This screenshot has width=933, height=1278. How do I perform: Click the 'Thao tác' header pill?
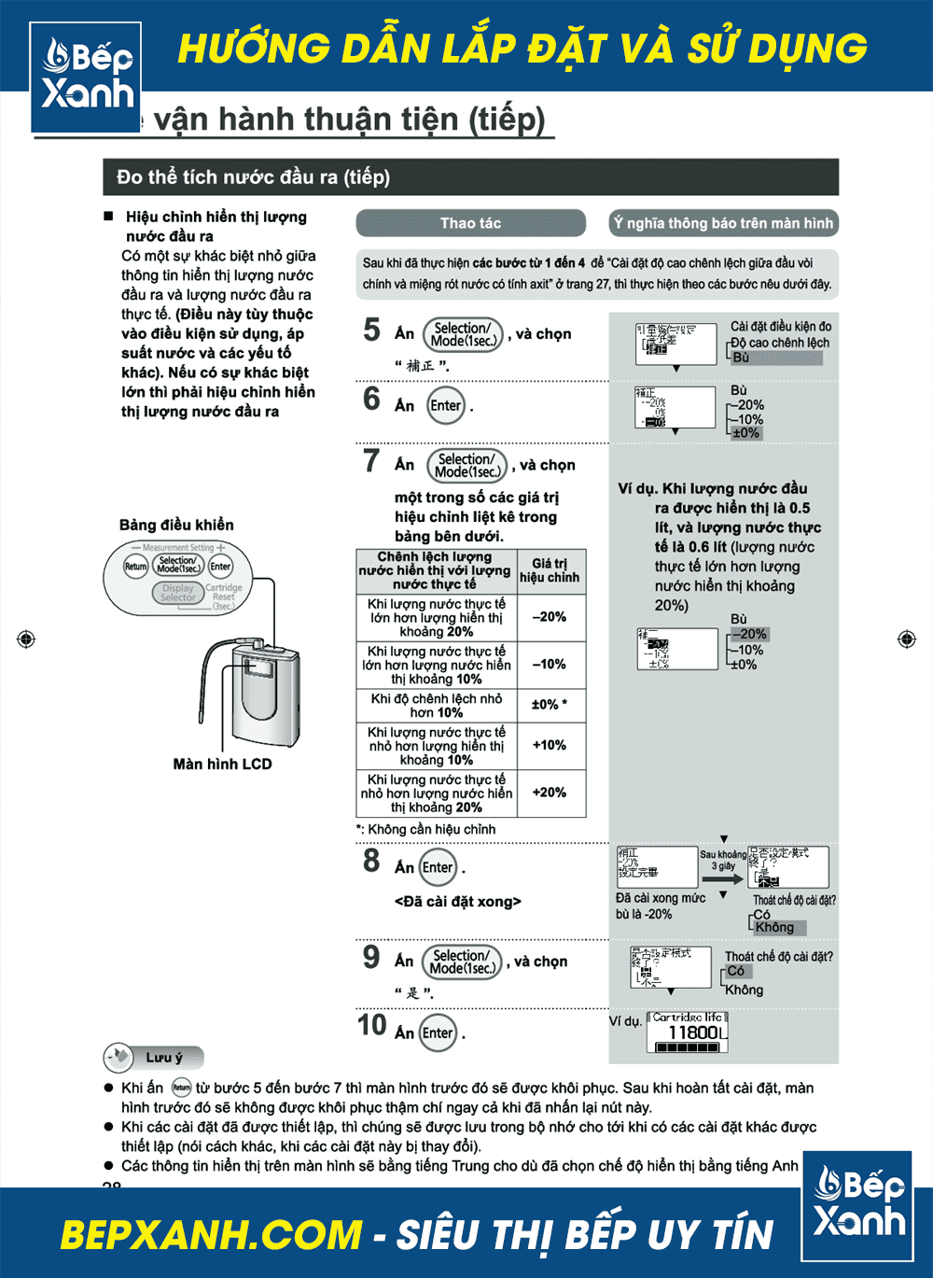click(x=470, y=223)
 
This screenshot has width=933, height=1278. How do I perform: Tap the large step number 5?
click(x=371, y=330)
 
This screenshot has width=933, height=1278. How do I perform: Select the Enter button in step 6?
click(x=445, y=405)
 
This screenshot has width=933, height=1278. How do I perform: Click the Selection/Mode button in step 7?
click(x=466, y=465)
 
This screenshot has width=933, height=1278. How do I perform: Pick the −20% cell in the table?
click(x=550, y=617)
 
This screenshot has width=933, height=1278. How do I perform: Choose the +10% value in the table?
click(x=550, y=745)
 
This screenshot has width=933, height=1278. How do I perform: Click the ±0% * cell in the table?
click(x=550, y=704)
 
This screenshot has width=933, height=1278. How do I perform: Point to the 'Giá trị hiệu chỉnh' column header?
click(x=550, y=570)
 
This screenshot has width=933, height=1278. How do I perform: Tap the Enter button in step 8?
click(x=438, y=867)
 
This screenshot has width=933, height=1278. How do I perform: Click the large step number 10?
click(x=371, y=1025)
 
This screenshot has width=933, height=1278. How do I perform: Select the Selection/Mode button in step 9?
click(x=462, y=962)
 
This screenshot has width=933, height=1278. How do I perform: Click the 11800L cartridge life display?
click(x=688, y=1032)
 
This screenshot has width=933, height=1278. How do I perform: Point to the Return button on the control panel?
click(x=136, y=567)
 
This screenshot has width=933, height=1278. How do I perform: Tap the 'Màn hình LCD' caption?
click(x=222, y=764)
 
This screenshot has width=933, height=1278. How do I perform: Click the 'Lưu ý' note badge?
click(x=154, y=1058)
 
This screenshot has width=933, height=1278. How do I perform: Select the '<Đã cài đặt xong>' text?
click(x=458, y=902)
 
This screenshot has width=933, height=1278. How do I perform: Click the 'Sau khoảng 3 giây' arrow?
click(x=723, y=878)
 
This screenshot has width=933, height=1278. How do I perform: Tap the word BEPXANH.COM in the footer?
click(x=210, y=1235)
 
